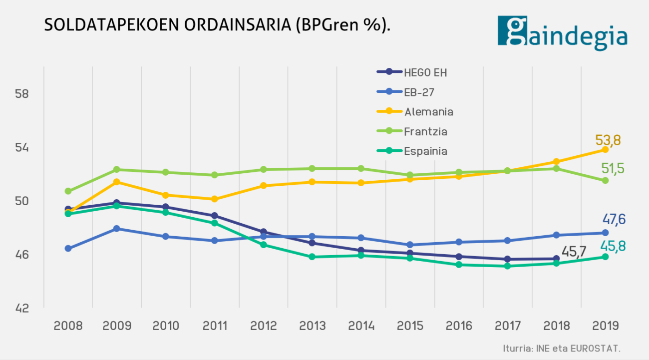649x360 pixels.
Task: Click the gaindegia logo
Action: [x=563, y=32]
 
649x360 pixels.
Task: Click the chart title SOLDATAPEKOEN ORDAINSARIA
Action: [x=217, y=25]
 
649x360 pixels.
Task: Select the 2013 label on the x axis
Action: [x=313, y=326]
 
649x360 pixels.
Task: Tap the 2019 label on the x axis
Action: [x=605, y=326]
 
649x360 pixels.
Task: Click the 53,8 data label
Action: [x=608, y=140]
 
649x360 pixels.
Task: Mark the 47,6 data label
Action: [x=613, y=220]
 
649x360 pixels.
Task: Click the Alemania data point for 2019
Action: [x=605, y=150]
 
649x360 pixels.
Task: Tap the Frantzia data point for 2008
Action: [x=68, y=191]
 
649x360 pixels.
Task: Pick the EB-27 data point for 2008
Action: [x=68, y=248]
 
